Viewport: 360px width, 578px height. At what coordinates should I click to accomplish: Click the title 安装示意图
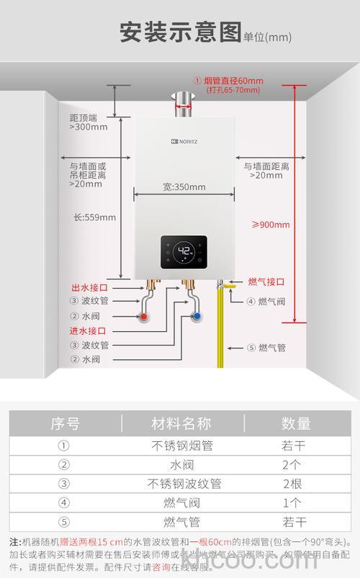pyautogui.click(x=179, y=32)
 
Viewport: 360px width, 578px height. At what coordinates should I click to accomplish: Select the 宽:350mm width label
pyautogui.click(x=184, y=187)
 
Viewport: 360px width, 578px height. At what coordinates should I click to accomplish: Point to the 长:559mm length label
pyautogui.click(x=94, y=217)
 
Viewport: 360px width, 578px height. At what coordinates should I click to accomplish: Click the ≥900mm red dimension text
pyautogui.click(x=271, y=225)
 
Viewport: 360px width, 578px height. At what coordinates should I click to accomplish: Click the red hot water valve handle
pyautogui.click(x=145, y=316)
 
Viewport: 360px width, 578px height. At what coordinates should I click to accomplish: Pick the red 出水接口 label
pyautogui.click(x=89, y=286)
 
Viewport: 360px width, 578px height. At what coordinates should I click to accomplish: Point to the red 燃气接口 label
pyautogui.click(x=266, y=281)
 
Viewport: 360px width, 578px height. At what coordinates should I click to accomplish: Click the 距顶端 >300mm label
pyautogui.click(x=88, y=122)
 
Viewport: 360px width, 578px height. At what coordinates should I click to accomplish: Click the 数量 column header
pyautogui.click(x=295, y=423)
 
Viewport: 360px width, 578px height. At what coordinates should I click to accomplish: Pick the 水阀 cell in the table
pyautogui.click(x=181, y=464)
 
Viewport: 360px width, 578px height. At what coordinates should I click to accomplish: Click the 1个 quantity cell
pyautogui.click(x=292, y=502)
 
